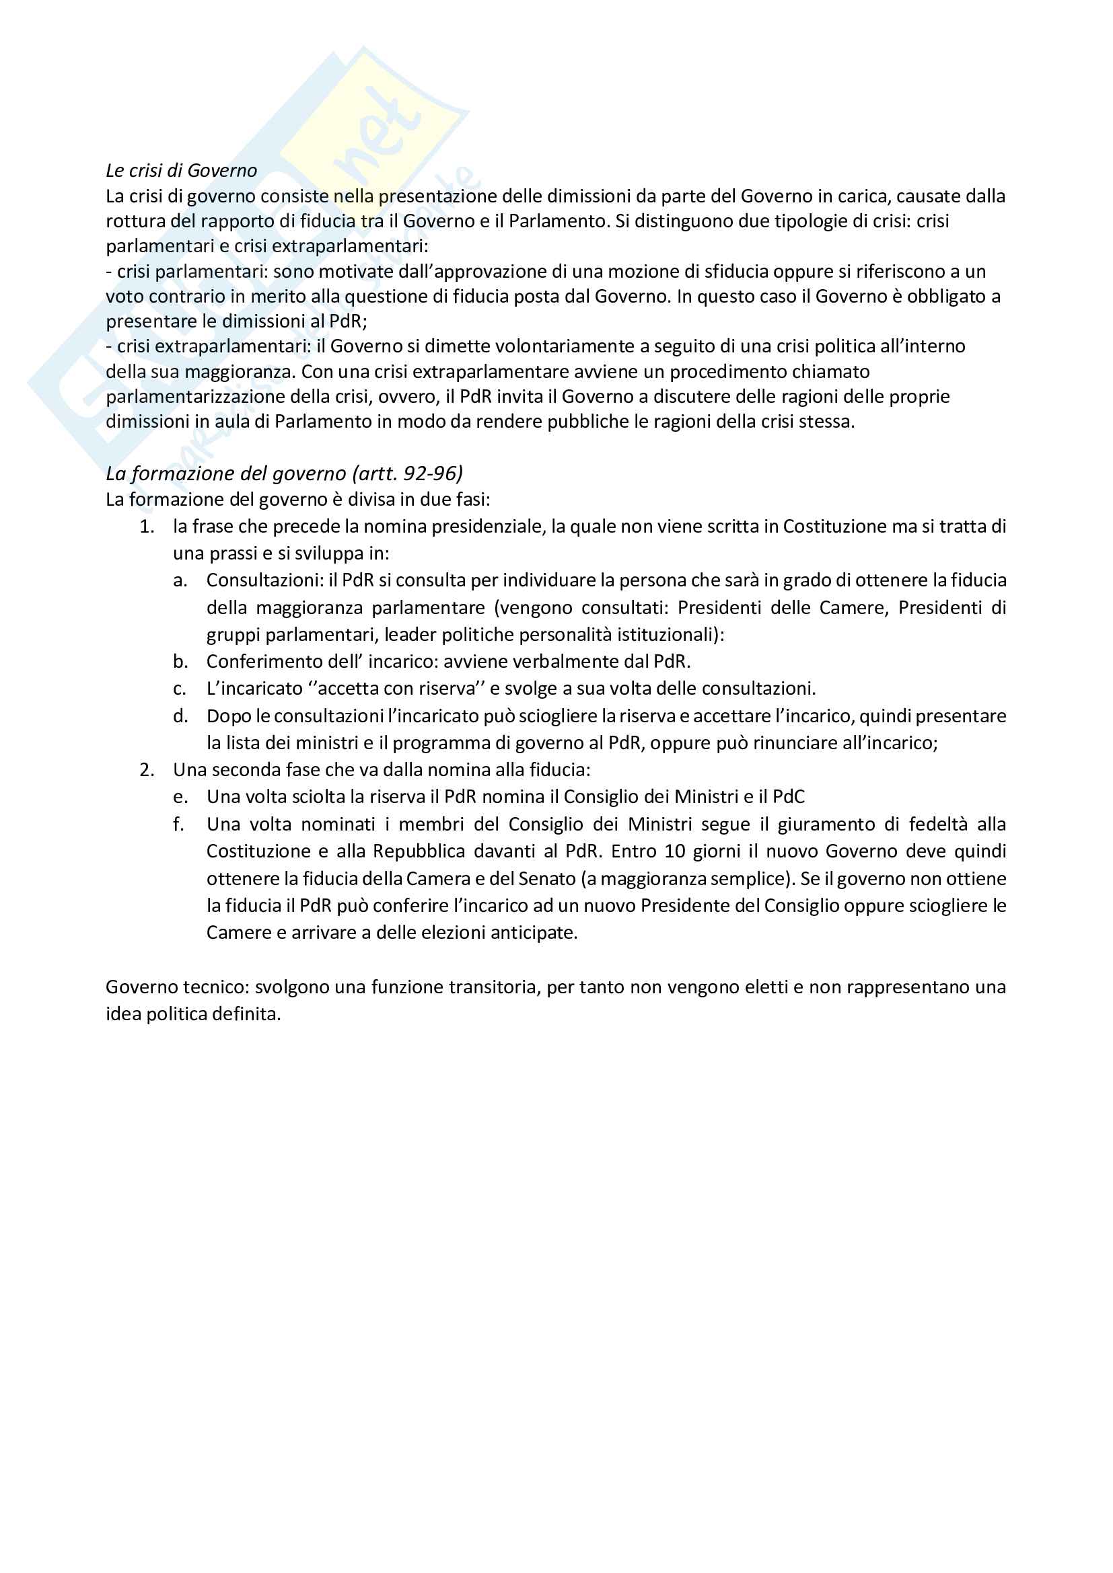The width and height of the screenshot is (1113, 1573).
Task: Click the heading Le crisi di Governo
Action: (x=182, y=171)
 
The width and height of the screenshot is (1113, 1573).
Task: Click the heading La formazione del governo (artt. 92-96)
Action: (x=285, y=473)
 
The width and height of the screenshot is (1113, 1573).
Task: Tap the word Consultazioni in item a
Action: (x=264, y=580)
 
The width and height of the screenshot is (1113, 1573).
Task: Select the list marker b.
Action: (x=180, y=662)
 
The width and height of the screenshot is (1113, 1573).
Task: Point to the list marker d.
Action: (x=180, y=716)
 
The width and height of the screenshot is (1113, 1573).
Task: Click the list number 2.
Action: (x=147, y=770)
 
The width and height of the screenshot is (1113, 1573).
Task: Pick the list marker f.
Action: (x=179, y=824)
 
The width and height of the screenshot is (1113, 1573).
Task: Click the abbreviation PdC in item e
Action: (x=788, y=797)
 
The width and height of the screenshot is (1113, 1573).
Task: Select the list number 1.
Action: (x=147, y=527)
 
